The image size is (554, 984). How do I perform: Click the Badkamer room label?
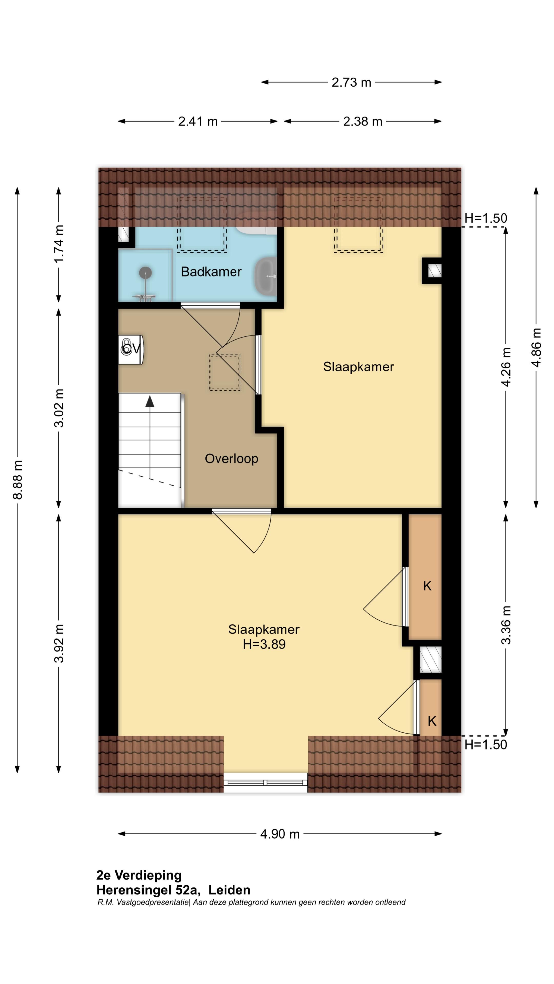click(211, 272)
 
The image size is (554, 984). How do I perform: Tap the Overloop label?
click(231, 458)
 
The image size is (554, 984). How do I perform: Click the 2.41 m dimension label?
click(198, 121)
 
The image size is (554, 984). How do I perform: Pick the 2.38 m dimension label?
click(362, 121)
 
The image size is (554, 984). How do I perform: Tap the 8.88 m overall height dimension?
click(18, 480)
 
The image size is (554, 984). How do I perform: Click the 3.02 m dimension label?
click(59, 408)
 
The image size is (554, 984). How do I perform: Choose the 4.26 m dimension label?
click(506, 367)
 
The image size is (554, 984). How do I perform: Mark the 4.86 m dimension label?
click(536, 348)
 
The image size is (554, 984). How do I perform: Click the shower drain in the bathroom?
click(145, 273)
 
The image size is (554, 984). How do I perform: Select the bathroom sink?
click(266, 276)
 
